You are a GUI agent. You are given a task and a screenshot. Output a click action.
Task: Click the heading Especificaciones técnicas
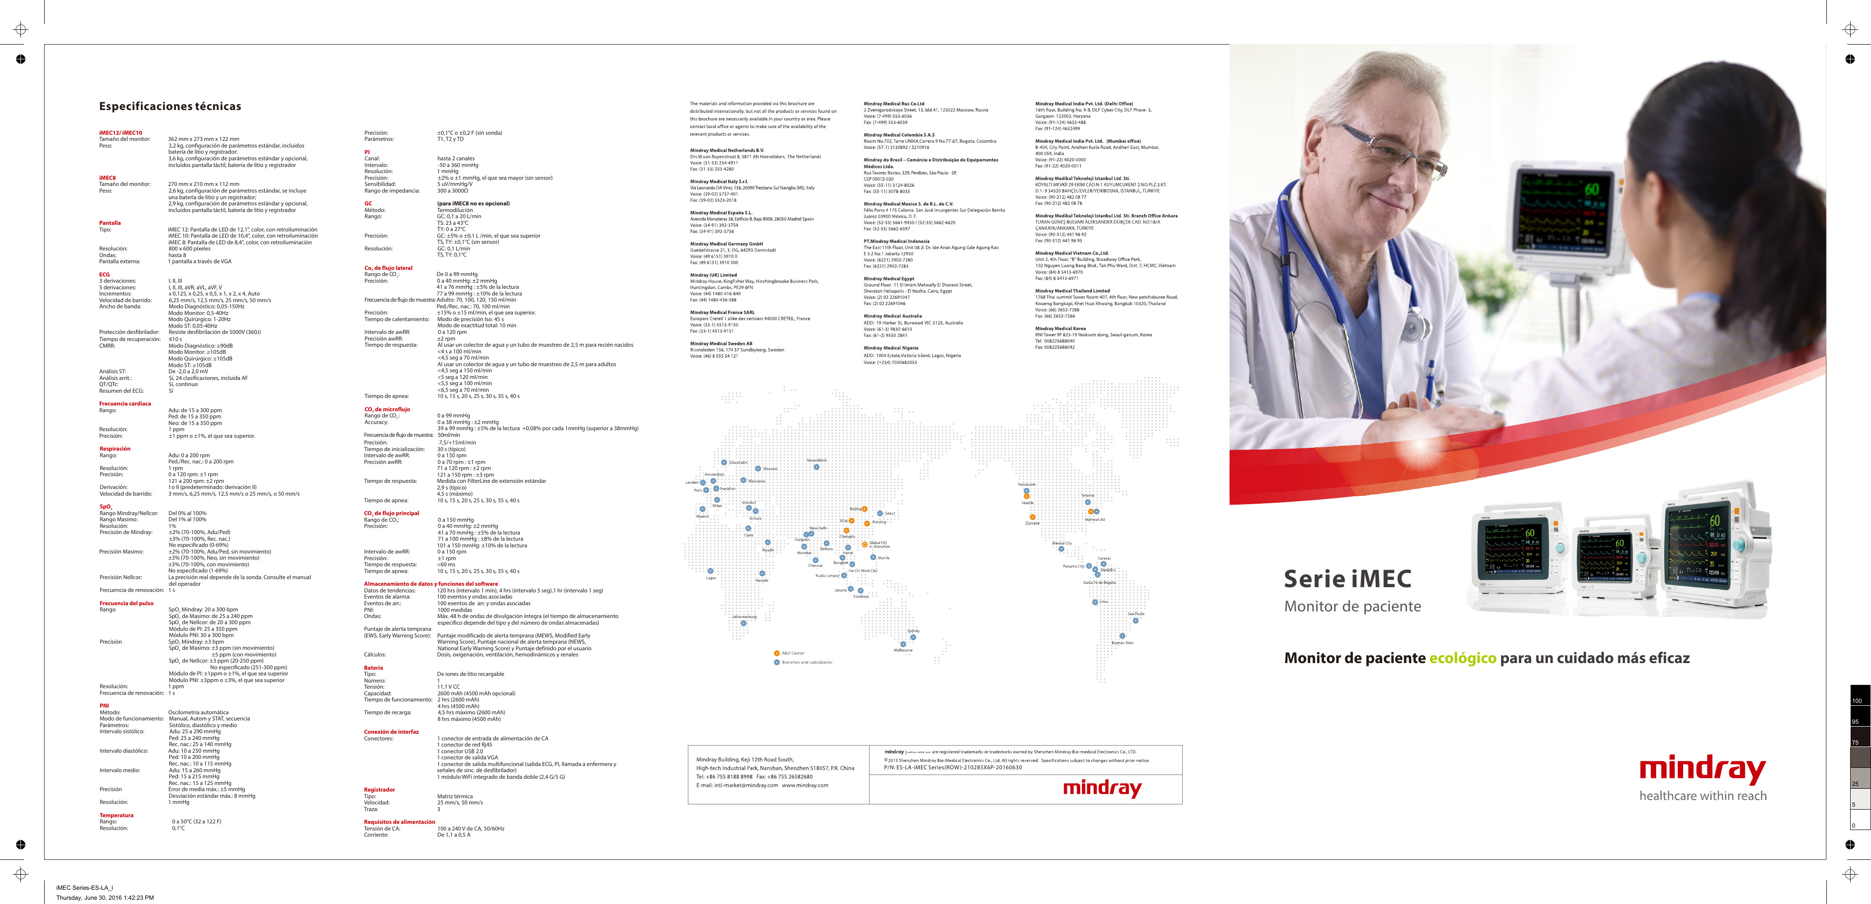(x=170, y=107)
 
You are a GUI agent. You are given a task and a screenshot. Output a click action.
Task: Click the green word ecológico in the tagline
(x=1462, y=658)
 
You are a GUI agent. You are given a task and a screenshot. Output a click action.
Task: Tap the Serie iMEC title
(x=1347, y=579)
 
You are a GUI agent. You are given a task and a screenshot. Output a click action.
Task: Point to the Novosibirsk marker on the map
(x=816, y=467)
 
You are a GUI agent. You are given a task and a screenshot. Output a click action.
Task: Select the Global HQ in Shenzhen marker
(x=864, y=544)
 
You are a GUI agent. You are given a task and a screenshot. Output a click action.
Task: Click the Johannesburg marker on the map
(x=744, y=623)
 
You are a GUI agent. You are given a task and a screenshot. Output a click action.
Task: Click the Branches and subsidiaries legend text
(x=807, y=662)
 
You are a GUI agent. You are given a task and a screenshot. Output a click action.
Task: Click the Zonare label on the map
(x=1032, y=523)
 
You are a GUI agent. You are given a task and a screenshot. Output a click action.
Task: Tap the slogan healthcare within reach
(x=1703, y=796)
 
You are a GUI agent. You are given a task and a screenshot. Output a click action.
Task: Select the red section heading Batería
(x=373, y=668)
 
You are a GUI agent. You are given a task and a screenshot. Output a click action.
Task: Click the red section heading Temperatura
(x=116, y=815)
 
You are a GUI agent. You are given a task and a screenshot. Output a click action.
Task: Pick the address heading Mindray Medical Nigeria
(x=890, y=348)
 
